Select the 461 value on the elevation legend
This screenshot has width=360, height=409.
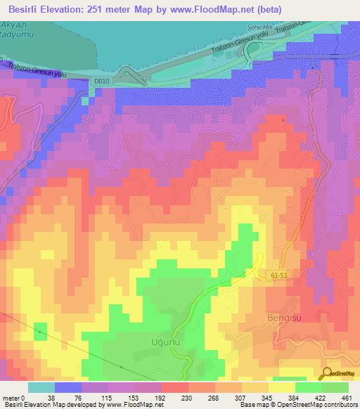[348, 397]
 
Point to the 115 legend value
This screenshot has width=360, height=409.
[108, 397]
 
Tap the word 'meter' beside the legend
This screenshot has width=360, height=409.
[12, 397]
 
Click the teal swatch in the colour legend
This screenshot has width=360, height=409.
[41, 387]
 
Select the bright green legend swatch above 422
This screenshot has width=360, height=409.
[308, 387]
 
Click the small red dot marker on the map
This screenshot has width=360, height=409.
[283, 119]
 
